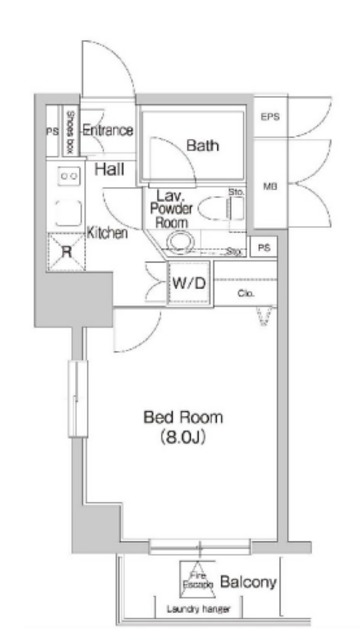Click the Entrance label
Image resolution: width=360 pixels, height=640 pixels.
108,130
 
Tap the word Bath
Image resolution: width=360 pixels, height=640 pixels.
202,146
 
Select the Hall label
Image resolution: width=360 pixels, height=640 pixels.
109,169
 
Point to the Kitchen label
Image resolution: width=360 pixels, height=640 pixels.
107,232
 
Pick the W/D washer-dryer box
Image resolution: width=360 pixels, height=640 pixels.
189,284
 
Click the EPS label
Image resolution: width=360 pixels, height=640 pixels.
270,117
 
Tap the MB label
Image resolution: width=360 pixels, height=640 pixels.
269,186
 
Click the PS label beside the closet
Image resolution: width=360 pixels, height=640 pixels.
263,248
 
